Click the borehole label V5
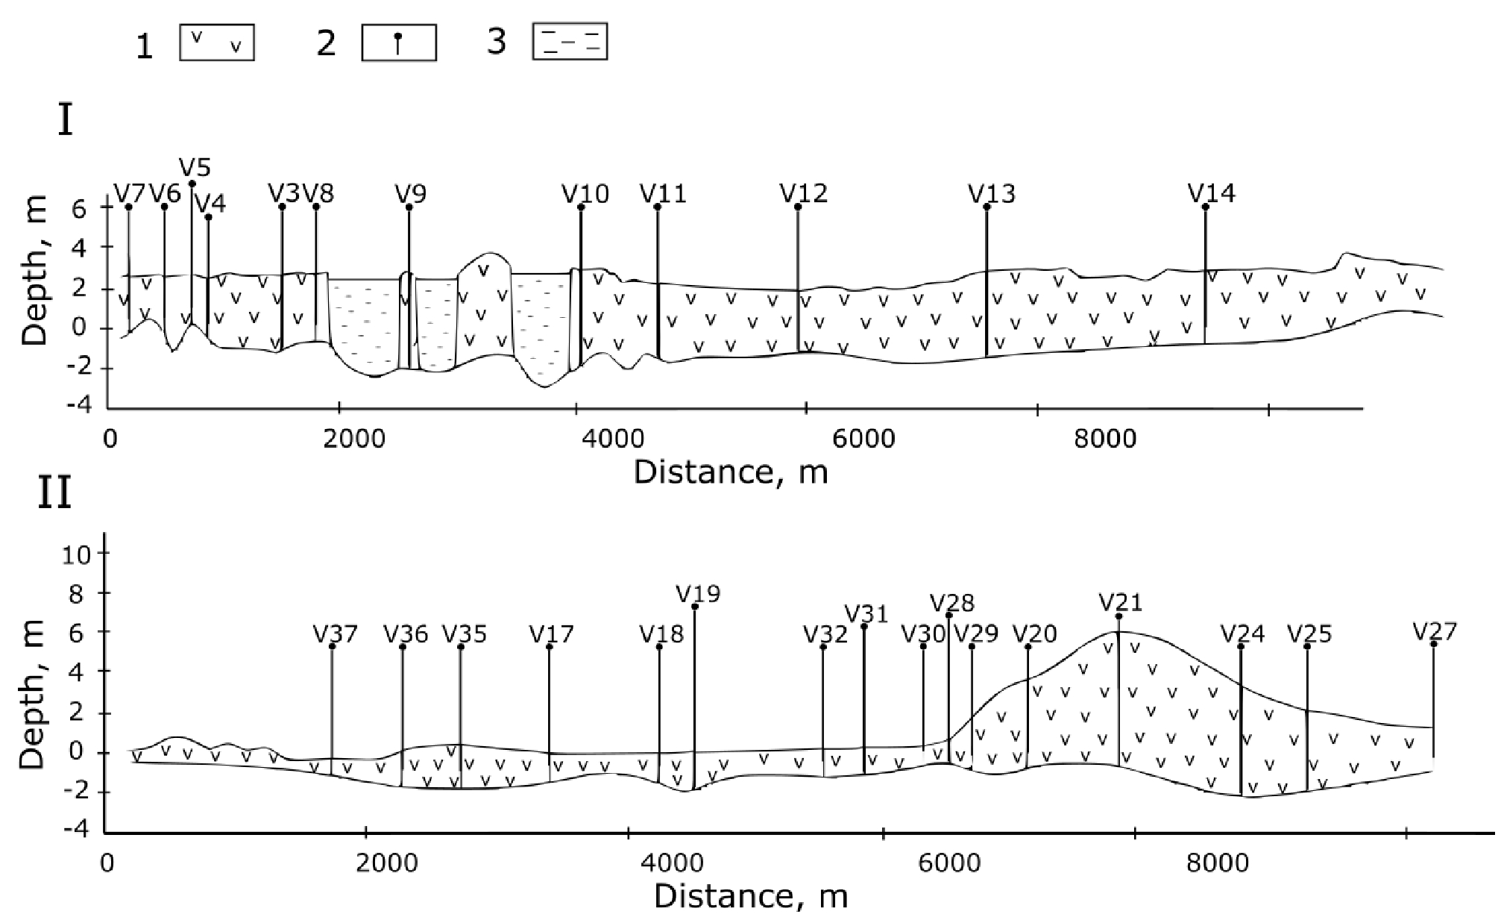pyautogui.click(x=195, y=166)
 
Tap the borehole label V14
pyautogui.click(x=1211, y=194)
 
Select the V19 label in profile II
pyautogui.click(x=698, y=594)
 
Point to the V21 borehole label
pyautogui.click(x=1120, y=602)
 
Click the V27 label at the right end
pyautogui.click(x=1435, y=632)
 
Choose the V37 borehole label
pyautogui.click(x=336, y=634)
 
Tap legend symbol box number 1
pyautogui.click(x=217, y=43)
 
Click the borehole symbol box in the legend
pyautogui.click(x=398, y=43)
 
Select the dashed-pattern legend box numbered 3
pyautogui.click(x=570, y=42)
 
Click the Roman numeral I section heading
pyautogui.click(x=66, y=122)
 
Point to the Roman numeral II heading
pyautogui.click(x=54, y=493)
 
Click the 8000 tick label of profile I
pyautogui.click(x=1104, y=439)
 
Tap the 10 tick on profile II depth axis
pyautogui.click(x=76, y=554)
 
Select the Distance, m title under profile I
pyautogui.click(x=731, y=472)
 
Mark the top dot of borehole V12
pyautogui.click(x=798, y=207)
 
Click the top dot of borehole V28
pyautogui.click(x=948, y=616)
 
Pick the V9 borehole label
pyautogui.click(x=411, y=194)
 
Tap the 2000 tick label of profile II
pyautogui.click(x=386, y=863)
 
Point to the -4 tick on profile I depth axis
pyautogui.click(x=81, y=405)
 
